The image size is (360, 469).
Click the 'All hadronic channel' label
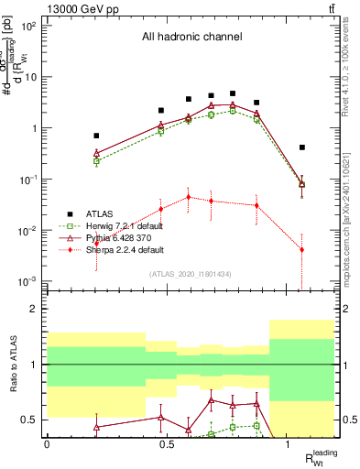pyautogui.click(x=191, y=38)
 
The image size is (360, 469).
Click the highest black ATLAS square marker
pyautogui.click(x=234, y=93)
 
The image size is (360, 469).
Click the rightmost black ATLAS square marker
pyautogui.click(x=302, y=147)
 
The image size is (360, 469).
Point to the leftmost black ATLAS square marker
pyautogui.click(x=96, y=136)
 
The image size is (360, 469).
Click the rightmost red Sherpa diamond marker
pyautogui.click(x=302, y=250)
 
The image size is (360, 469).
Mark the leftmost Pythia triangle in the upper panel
pyautogui.click(x=96, y=153)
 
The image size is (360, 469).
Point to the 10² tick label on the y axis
pyautogui.click(x=28, y=26)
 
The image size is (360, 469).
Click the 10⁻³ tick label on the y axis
pyautogui.click(x=28, y=281)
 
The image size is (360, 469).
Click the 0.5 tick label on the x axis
pyautogui.click(x=167, y=443)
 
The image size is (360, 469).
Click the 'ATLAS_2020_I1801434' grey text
pyautogui.click(x=191, y=274)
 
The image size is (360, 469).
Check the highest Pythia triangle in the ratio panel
pyautogui.click(x=212, y=399)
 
